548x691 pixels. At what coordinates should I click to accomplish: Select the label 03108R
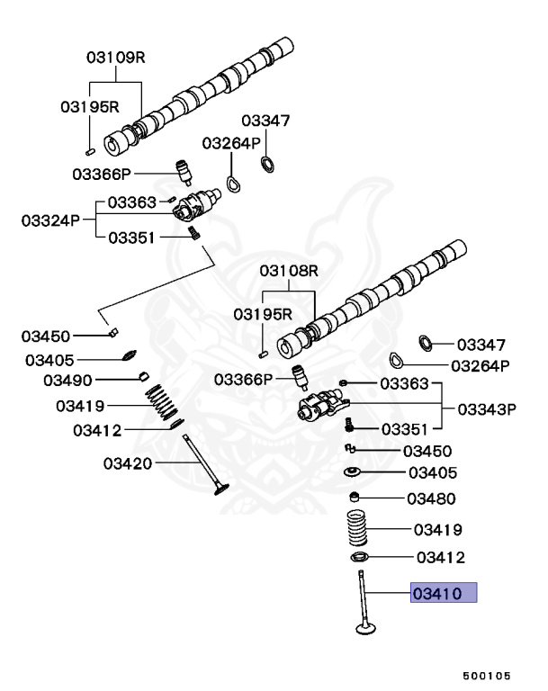click(290, 270)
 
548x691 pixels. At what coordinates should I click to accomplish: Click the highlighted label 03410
click(443, 593)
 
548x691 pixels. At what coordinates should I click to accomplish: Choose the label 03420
click(128, 463)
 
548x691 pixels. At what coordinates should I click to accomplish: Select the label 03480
click(432, 498)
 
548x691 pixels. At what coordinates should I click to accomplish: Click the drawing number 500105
click(487, 674)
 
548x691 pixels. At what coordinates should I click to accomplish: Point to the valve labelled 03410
click(364, 603)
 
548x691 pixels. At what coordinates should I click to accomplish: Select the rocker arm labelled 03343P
click(322, 406)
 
